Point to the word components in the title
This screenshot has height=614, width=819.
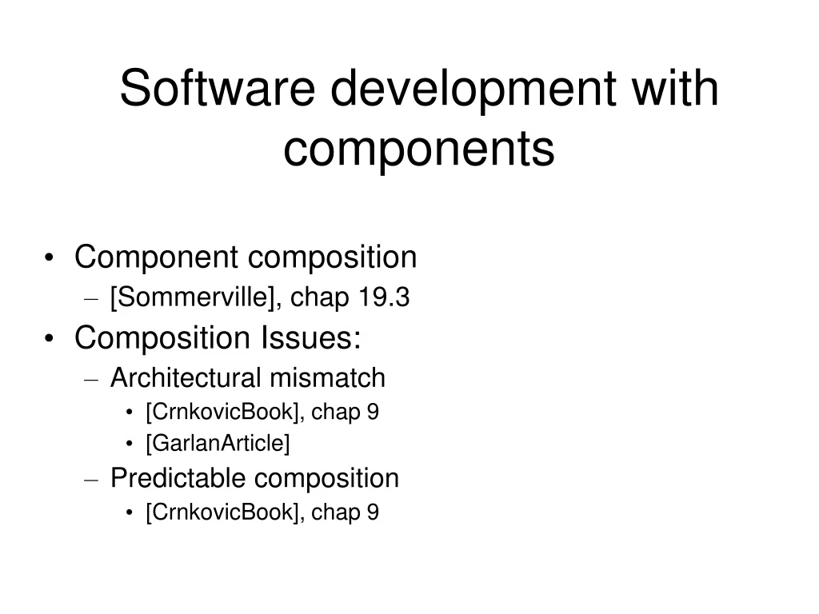(x=418, y=149)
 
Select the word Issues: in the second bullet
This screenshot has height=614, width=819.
(x=310, y=337)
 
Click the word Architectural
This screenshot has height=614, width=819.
(x=186, y=377)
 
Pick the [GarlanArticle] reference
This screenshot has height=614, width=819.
(x=217, y=442)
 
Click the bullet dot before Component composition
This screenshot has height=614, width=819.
(x=50, y=259)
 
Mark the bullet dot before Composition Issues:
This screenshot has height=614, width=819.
(x=50, y=339)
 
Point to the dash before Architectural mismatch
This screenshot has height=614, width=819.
(x=91, y=379)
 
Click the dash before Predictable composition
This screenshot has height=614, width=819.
(x=91, y=480)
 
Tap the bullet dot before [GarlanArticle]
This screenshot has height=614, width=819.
(x=130, y=443)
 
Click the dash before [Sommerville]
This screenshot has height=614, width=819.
(x=91, y=300)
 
